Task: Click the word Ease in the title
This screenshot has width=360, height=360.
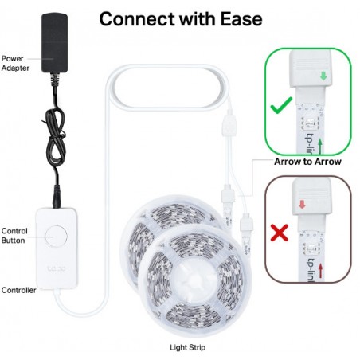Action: pyautogui.click(x=241, y=19)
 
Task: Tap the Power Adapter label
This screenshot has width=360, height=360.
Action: pyautogui.click(x=15, y=63)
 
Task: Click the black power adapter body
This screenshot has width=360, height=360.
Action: pyautogui.click(x=54, y=42)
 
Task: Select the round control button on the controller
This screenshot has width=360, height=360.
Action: pyautogui.click(x=56, y=237)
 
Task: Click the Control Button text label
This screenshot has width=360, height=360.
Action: pyautogui.click(x=14, y=236)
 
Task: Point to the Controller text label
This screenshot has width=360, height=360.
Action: pyautogui.click(x=18, y=290)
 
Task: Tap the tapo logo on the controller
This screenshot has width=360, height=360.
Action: pyautogui.click(x=57, y=268)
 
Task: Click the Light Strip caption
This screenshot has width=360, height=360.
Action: pyautogui.click(x=187, y=347)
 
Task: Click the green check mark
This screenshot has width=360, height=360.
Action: pyautogui.click(x=281, y=105)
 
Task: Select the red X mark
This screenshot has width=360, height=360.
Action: pyautogui.click(x=280, y=233)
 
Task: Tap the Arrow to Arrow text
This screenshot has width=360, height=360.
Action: pyautogui.click(x=307, y=162)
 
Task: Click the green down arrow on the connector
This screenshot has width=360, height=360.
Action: pyautogui.click(x=323, y=76)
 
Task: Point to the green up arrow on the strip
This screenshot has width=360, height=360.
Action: pyautogui.click(x=320, y=147)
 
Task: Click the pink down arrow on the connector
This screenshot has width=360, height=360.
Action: pyautogui.click(x=302, y=205)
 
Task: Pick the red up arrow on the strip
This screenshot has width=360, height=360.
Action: pyautogui.click(x=321, y=270)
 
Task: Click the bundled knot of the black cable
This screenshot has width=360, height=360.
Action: pyautogui.click(x=55, y=138)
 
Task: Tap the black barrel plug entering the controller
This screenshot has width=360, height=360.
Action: pyautogui.click(x=57, y=197)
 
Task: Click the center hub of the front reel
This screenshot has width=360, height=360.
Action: pyautogui.click(x=194, y=279)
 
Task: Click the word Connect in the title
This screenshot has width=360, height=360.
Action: pyautogui.click(x=137, y=19)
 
